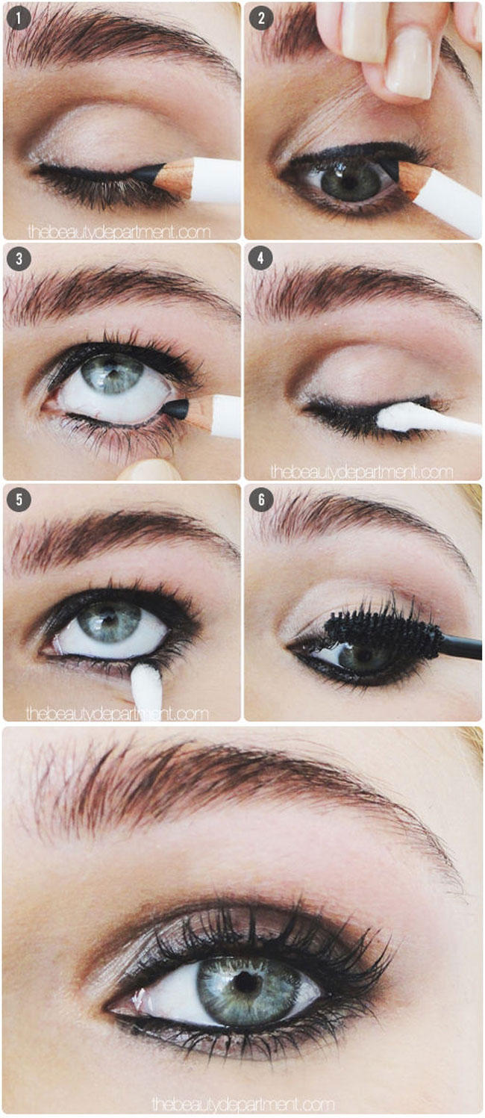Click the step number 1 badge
[x=19, y=19]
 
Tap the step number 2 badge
[x=261, y=19]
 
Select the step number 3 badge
[x=19, y=258]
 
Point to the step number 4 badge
[x=260, y=258]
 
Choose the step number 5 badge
[x=19, y=500]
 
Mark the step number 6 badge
[x=261, y=500]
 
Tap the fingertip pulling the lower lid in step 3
[x=148, y=471]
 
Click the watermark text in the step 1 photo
[x=119, y=232]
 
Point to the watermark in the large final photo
[x=242, y=1103]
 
